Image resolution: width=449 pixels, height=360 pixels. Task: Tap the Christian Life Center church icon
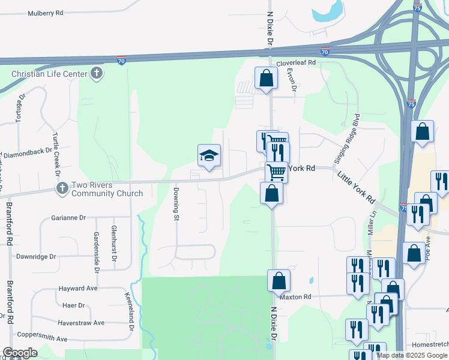(x=96, y=74)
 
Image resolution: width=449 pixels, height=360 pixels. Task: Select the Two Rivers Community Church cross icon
(x=62, y=188)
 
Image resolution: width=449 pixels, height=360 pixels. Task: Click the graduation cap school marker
(x=209, y=156)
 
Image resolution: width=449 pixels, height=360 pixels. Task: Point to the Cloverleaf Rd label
(x=295, y=62)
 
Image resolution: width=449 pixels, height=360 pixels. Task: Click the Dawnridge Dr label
(x=36, y=256)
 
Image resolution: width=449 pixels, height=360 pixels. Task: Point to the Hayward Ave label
(x=78, y=289)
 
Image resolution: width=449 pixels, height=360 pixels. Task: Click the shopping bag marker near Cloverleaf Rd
(x=266, y=78)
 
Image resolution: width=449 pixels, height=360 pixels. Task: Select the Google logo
(x=20, y=353)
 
